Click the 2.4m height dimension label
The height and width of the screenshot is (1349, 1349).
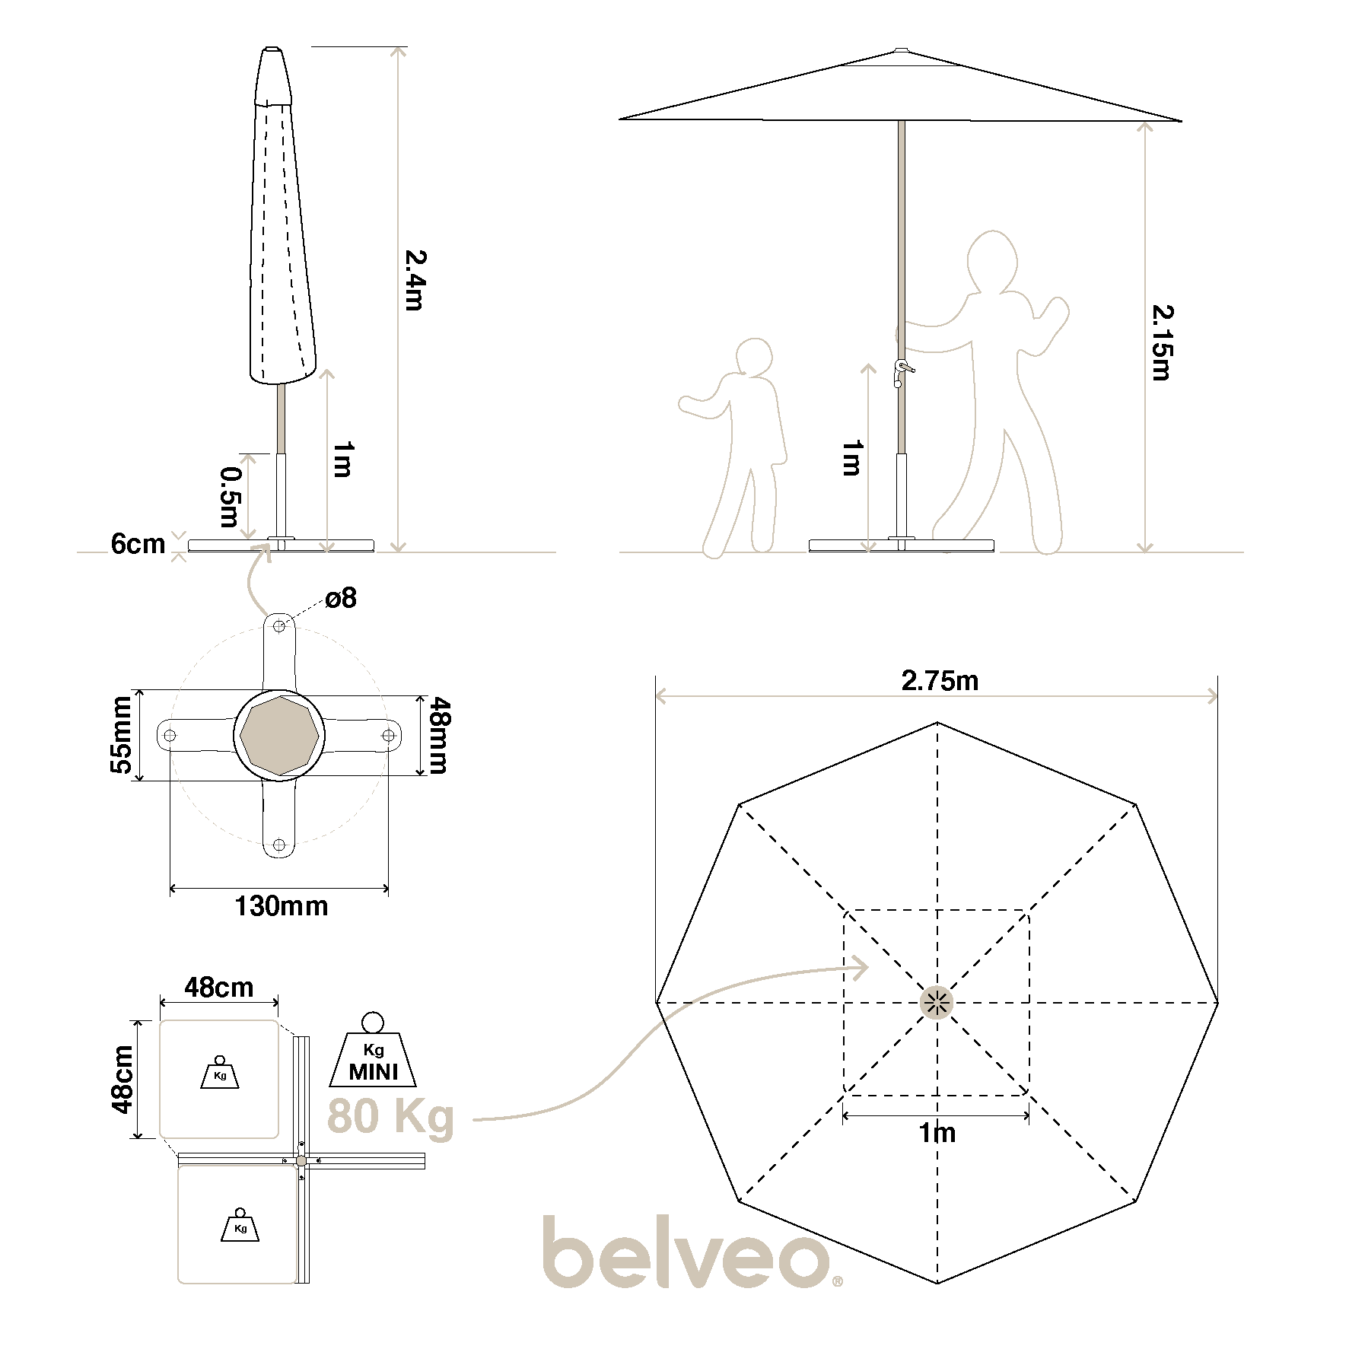click(x=414, y=279)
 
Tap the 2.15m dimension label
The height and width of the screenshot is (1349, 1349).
click(x=1162, y=342)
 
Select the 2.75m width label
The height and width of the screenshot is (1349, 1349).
click(x=940, y=680)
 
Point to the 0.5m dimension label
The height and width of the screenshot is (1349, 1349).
click(x=230, y=497)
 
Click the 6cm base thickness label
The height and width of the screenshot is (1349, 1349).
click(x=138, y=544)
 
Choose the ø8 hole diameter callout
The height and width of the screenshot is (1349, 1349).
click(x=341, y=598)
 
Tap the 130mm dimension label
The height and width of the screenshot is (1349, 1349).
click(x=282, y=906)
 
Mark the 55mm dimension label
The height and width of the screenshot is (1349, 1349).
click(x=122, y=735)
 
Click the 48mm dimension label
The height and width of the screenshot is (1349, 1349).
click(x=437, y=736)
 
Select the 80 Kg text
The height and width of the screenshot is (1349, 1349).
click(x=390, y=1117)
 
